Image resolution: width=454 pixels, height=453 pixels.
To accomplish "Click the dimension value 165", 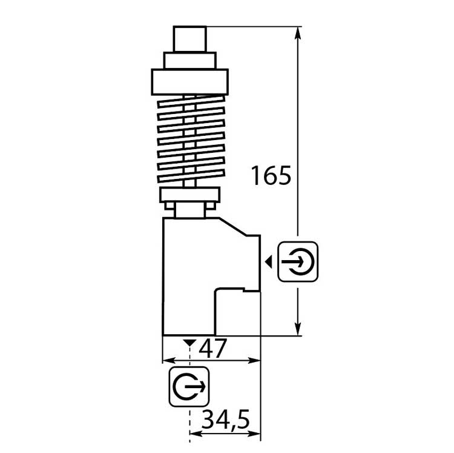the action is (271, 175).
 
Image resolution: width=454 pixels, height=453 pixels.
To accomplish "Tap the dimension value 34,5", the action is (225, 419).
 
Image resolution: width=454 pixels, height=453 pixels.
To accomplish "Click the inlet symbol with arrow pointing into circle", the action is (298, 261).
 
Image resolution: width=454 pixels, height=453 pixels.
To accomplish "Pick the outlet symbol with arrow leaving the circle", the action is (189, 386).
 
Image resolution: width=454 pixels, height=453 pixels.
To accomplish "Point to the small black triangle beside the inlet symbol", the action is (268, 261).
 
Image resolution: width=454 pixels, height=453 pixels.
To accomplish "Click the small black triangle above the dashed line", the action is (189, 343).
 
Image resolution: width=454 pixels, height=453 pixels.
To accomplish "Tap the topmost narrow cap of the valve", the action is (190, 39).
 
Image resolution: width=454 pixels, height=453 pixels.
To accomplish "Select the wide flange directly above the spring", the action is (190, 82).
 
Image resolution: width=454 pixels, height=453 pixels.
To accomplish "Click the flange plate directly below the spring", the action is (190, 195).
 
